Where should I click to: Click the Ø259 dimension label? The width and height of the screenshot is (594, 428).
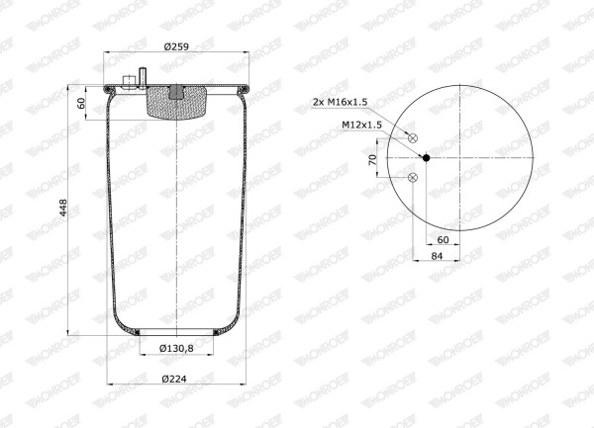pyautogui.click(x=176, y=46)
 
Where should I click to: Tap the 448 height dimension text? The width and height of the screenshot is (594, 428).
pyautogui.click(x=63, y=208)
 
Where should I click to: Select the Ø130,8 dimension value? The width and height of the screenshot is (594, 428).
pyautogui.click(x=176, y=348)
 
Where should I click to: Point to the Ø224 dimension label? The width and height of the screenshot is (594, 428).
pyautogui.click(x=174, y=379)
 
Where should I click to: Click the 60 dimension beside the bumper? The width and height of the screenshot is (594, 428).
pyautogui.click(x=81, y=103)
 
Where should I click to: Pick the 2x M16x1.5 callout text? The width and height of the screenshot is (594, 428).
pyautogui.click(x=341, y=102)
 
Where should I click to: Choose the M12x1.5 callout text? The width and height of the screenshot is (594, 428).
pyautogui.click(x=361, y=125)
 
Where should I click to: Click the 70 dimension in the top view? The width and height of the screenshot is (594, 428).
pyautogui.click(x=373, y=159)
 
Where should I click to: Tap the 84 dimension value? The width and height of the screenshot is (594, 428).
pyautogui.click(x=437, y=256)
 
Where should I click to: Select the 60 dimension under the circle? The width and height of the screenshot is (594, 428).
pyautogui.click(x=443, y=239)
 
